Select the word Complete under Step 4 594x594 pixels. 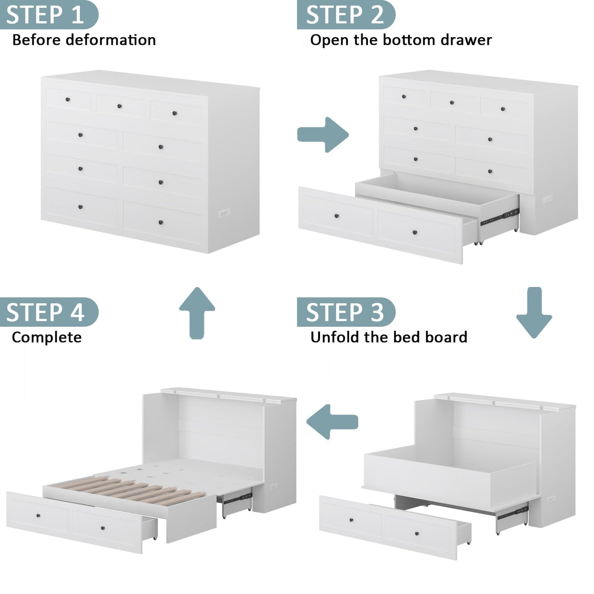[x=46, y=337]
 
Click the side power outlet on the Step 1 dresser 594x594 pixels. [x=224, y=213]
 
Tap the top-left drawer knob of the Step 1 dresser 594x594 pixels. [x=68, y=100]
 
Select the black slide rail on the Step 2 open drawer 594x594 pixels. [x=499, y=217]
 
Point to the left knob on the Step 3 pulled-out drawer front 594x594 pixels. [x=352, y=520]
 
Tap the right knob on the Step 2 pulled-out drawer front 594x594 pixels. [x=415, y=232]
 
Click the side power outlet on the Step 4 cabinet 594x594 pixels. [x=273, y=486]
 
